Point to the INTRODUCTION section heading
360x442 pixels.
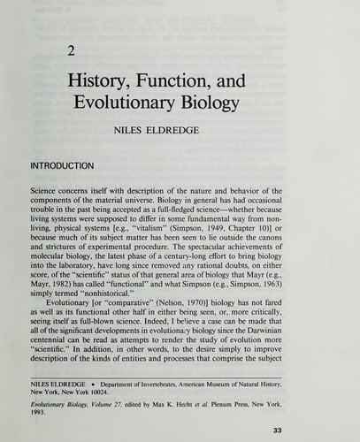click(x=74, y=164)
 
